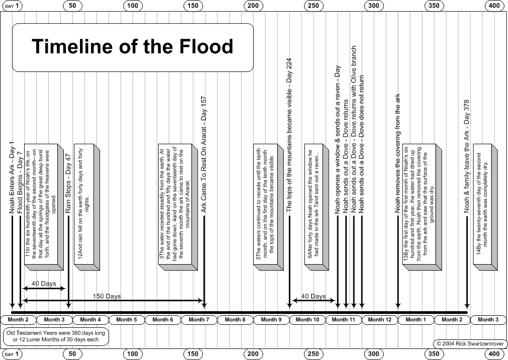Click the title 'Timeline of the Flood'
(133, 47)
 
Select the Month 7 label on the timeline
(197, 319)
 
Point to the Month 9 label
(269, 319)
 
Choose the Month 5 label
(125, 319)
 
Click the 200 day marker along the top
(253, 6)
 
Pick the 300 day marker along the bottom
(373, 354)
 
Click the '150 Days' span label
(107, 296)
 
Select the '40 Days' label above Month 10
(314, 296)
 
